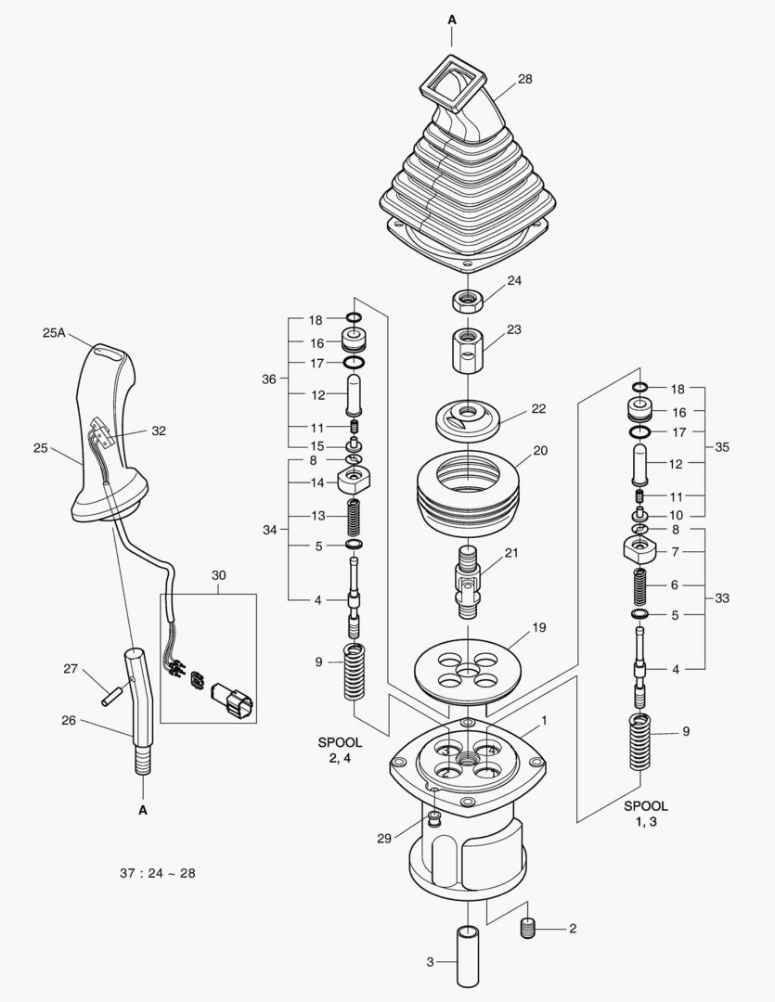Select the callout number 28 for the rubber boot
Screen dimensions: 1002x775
[x=524, y=80]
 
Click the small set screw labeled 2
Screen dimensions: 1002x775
[x=530, y=928]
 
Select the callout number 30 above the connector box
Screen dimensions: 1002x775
[x=219, y=575]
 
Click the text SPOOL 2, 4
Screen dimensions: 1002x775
[x=340, y=750]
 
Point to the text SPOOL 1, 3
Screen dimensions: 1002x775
[x=645, y=814]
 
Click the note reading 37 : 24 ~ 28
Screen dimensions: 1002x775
[x=158, y=873]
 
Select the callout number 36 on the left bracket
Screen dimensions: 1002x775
[x=269, y=379]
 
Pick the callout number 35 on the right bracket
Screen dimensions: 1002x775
[x=722, y=446]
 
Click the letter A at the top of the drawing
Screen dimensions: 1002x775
[x=452, y=19]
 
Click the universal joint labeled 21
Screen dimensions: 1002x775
[x=468, y=582]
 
